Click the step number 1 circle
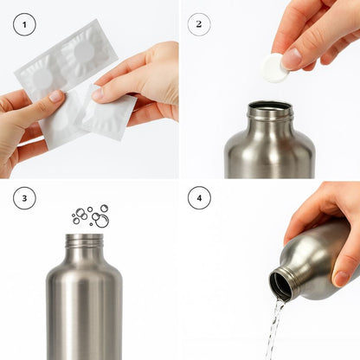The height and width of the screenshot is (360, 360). click(24, 24)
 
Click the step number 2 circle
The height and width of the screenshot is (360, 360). click(199, 24)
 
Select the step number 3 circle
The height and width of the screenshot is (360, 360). click(24, 198)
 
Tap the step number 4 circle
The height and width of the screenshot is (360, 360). click(199, 198)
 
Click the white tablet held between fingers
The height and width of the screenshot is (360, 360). click(274, 67)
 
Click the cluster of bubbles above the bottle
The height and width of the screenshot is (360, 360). click(90, 215)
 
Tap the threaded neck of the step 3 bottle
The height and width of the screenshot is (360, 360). click(84, 241)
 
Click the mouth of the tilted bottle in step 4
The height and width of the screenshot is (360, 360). click(281, 285)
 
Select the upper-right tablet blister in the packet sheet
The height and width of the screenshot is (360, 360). click(87, 50)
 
